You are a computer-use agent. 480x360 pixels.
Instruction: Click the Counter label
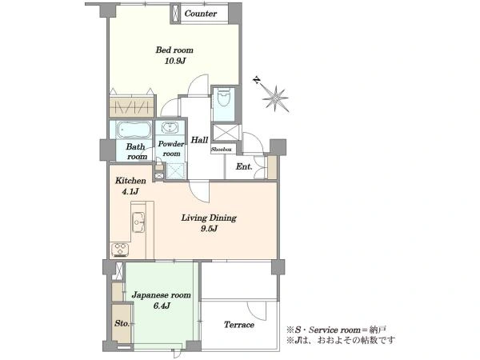[201, 14]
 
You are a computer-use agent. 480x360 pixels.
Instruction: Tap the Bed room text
[174, 50]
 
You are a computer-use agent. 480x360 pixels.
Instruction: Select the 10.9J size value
[175, 61]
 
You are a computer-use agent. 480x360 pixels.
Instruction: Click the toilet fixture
[224, 98]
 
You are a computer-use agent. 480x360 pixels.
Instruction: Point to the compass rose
[275, 98]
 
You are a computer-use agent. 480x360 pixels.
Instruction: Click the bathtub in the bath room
[134, 130]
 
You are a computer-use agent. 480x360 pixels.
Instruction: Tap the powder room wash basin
[170, 127]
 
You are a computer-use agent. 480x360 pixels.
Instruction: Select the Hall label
[199, 140]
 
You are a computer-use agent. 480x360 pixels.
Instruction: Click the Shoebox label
[222, 150]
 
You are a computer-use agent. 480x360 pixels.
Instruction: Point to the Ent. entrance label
[244, 167]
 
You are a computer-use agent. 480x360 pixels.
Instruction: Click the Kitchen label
[130, 181]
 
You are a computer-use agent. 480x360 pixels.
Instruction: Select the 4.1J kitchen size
[130, 192]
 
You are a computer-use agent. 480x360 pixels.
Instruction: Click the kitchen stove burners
[120, 250]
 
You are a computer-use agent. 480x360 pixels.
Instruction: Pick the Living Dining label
[209, 218]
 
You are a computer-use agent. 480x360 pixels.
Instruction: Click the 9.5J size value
[210, 229]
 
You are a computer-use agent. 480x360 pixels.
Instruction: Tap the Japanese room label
[162, 295]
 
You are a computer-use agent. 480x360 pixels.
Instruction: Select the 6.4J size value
[162, 306]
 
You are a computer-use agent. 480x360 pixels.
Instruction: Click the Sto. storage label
[122, 323]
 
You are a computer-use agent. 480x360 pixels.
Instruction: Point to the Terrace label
[239, 325]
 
